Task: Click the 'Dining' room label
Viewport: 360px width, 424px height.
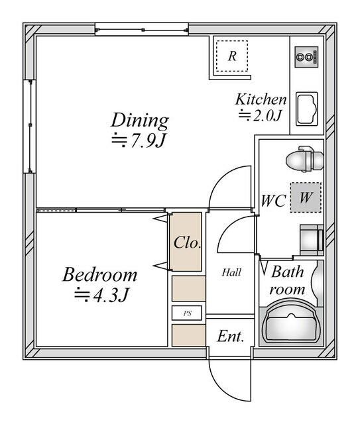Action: (x=139, y=120)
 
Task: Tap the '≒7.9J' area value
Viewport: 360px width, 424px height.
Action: (x=138, y=141)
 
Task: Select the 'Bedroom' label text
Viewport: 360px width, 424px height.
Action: (x=100, y=274)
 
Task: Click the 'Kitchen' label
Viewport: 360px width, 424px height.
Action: (x=261, y=99)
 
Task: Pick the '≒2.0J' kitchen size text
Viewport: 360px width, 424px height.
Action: (x=261, y=116)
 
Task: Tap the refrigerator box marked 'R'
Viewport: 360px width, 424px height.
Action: (x=231, y=56)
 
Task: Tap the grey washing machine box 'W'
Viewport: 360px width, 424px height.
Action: (x=306, y=197)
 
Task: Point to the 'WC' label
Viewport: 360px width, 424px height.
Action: (x=272, y=201)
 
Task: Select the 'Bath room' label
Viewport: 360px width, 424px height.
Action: (x=288, y=280)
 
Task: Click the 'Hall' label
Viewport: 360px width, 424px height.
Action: (x=231, y=272)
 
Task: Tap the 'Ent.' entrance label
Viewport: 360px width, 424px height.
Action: (x=231, y=337)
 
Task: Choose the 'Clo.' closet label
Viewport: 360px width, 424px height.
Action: (x=187, y=242)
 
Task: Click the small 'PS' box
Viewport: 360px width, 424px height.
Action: (x=187, y=313)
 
